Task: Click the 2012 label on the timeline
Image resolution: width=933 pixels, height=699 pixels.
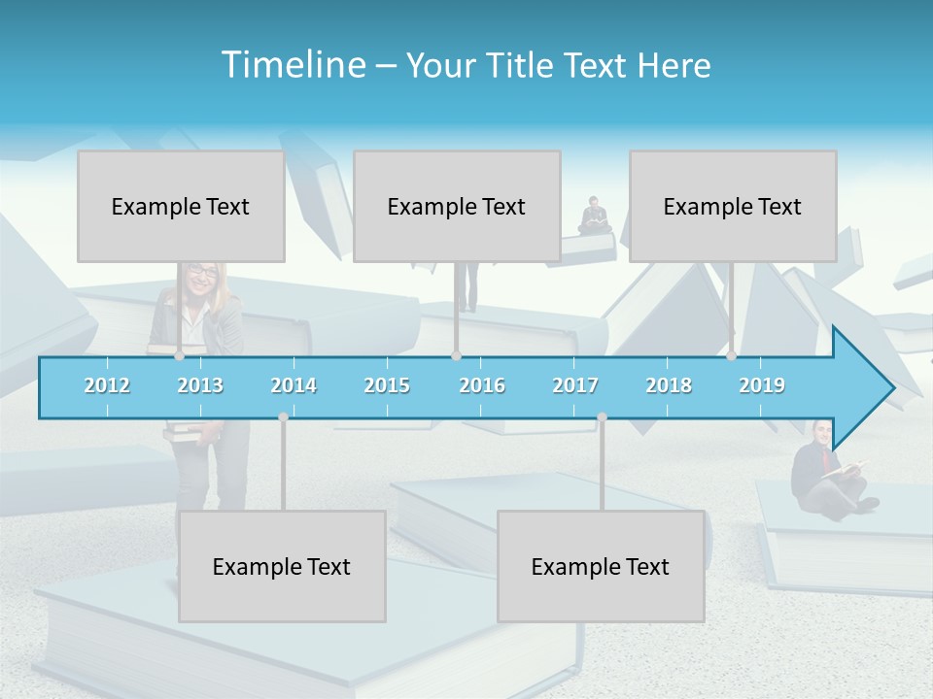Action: pyautogui.click(x=107, y=385)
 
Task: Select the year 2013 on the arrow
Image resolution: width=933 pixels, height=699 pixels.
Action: pyautogui.click(x=200, y=385)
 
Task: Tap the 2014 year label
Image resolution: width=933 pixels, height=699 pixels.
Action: pyautogui.click(x=294, y=385)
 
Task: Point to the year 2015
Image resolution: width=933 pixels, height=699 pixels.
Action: pyautogui.click(x=387, y=385)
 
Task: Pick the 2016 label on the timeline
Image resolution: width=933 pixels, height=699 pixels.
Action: pyautogui.click(x=482, y=385)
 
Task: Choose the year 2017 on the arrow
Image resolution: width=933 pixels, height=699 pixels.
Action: pyautogui.click(x=575, y=385)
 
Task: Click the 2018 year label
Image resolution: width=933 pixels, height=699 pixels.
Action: pyautogui.click(x=669, y=385)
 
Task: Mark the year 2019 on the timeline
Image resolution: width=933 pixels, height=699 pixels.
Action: pyautogui.click(x=762, y=385)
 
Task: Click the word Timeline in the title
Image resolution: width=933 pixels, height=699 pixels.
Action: pyautogui.click(x=293, y=65)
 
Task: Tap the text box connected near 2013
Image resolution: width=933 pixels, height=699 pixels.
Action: pyautogui.click(x=181, y=206)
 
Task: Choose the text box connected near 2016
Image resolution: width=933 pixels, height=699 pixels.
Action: pyautogui.click(x=457, y=206)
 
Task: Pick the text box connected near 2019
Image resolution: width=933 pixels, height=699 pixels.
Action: pyautogui.click(x=733, y=206)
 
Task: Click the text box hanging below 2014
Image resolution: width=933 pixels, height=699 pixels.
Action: pyautogui.click(x=282, y=566)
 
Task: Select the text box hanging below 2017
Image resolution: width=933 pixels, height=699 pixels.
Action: pyautogui.click(x=601, y=566)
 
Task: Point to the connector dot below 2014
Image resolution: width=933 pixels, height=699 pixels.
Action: pyautogui.click(x=283, y=416)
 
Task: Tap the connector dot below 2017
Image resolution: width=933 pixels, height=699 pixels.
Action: pyautogui.click(x=602, y=416)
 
